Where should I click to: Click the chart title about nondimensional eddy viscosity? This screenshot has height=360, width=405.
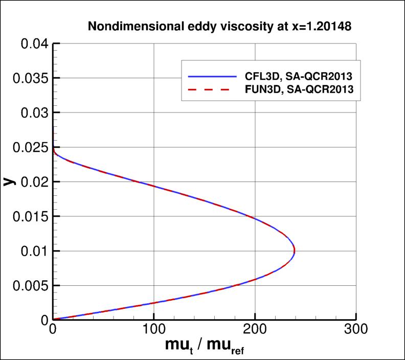[x=219, y=27]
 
